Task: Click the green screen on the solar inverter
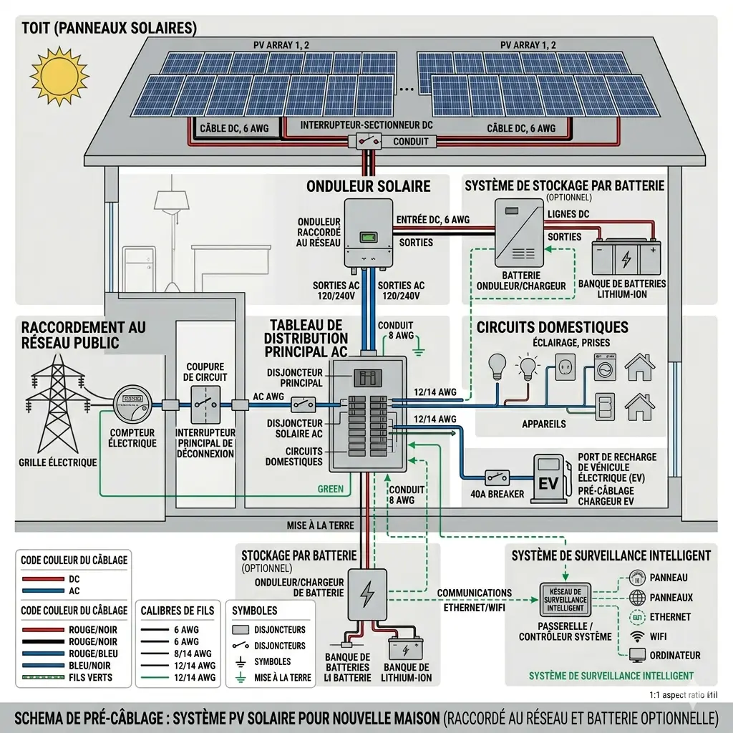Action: [368, 237]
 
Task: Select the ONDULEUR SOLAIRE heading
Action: [368, 187]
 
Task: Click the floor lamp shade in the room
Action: [172, 200]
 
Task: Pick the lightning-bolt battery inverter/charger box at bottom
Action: [367, 594]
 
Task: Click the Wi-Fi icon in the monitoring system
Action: [636, 636]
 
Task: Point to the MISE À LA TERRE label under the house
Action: [320, 525]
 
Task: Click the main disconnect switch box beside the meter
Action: [205, 405]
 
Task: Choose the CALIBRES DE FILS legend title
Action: [178, 611]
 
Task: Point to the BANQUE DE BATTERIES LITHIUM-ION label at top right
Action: [621, 288]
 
